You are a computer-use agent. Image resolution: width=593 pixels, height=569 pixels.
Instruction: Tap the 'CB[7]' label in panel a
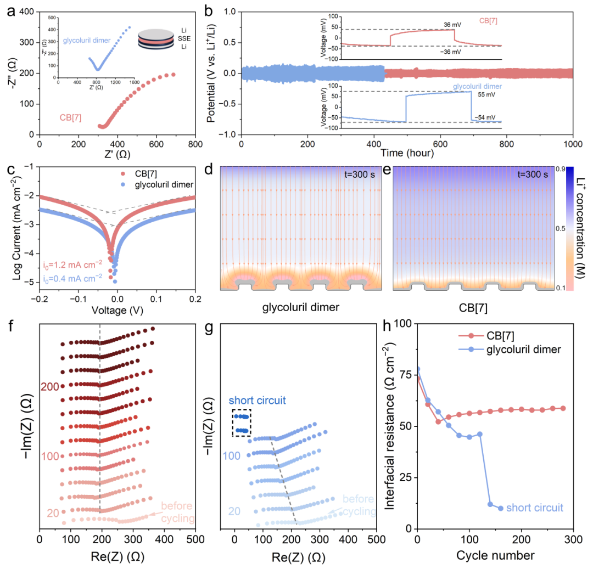coord(72,117)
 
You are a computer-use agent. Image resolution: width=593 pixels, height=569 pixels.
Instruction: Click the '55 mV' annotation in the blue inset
coord(484,95)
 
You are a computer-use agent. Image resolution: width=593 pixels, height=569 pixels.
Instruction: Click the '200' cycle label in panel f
coord(49,387)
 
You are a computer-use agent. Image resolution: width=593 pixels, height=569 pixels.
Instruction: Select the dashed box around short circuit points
coord(242,423)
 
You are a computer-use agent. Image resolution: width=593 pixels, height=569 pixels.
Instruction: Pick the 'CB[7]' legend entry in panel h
coord(506,335)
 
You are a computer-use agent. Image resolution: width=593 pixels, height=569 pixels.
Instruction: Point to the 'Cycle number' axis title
coord(495,555)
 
